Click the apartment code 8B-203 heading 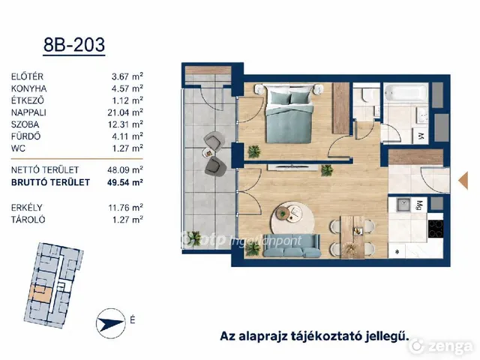coord(74,45)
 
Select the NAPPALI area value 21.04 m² coord(125,112)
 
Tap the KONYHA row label coord(29,88)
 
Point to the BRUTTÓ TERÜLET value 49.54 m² coord(125,182)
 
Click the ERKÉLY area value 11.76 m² coord(125,208)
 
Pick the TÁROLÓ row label coord(28,220)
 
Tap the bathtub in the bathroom coord(406,92)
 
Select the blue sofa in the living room coord(292,246)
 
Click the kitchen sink coord(403,205)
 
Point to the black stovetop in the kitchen coord(436,229)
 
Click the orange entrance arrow coord(463,180)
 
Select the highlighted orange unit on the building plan coord(40,293)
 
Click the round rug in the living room coord(292,218)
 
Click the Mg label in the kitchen coord(419,205)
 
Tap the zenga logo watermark coord(441,346)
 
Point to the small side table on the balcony coord(209,151)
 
